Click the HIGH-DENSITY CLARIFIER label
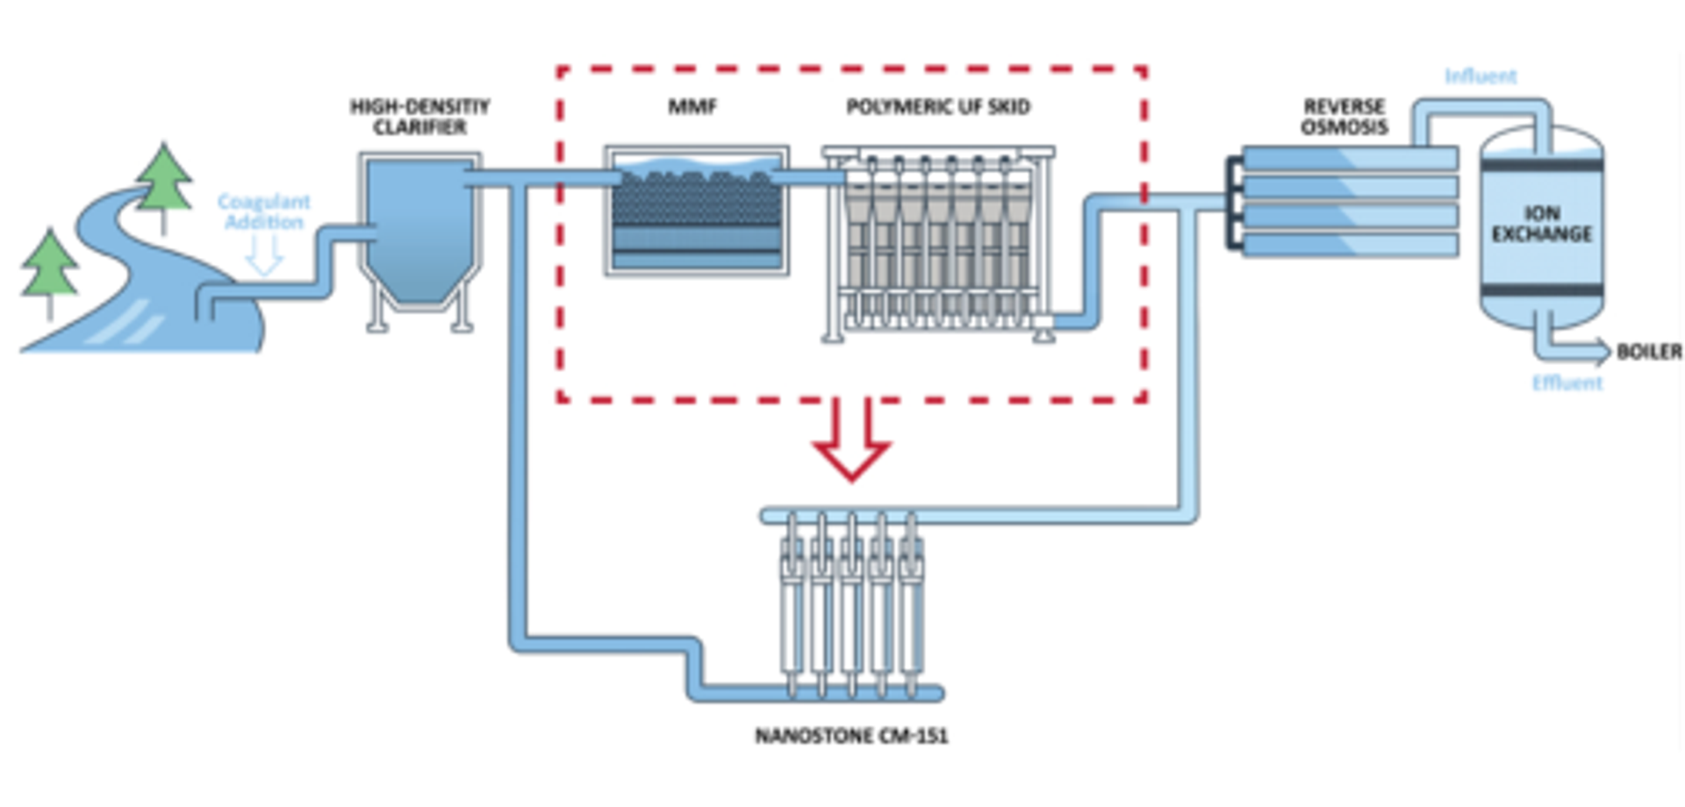click(x=419, y=117)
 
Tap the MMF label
click(x=692, y=107)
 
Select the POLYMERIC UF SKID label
click(x=937, y=107)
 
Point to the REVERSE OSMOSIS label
click(x=1344, y=117)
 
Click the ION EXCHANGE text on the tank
click(x=1541, y=224)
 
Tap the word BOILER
click(x=1649, y=352)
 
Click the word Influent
click(x=1481, y=76)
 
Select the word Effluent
click(x=1567, y=383)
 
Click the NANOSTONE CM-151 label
click(x=851, y=735)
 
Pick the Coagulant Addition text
click(x=263, y=211)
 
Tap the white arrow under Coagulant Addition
click(x=263, y=255)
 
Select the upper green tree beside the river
click(x=164, y=180)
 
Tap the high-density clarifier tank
click(x=419, y=232)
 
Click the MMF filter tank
click(x=696, y=211)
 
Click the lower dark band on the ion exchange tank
click(x=1541, y=291)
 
